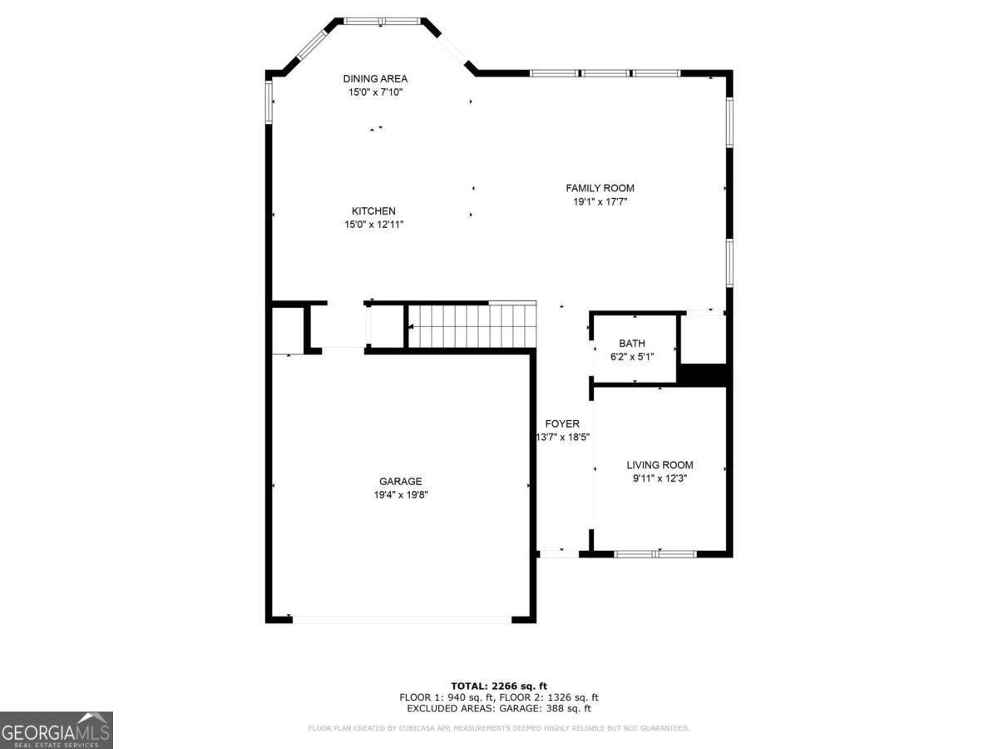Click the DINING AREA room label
[375, 79]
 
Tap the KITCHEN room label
[373, 211]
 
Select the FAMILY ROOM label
[600, 188]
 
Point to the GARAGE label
[400, 481]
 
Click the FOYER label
[562, 424]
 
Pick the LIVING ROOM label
[660, 465]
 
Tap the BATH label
[631, 344]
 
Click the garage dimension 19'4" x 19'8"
[400, 494]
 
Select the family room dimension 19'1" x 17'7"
[600, 201]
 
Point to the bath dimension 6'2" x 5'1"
[631, 356]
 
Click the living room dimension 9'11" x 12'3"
[660, 479]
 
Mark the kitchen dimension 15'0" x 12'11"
[373, 225]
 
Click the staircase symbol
[471, 325]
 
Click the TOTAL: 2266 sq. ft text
[499, 686]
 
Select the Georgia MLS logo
[56, 730]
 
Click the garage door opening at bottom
[402, 619]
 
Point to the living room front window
[655, 553]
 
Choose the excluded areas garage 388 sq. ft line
[499, 709]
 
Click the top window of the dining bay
[383, 21]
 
